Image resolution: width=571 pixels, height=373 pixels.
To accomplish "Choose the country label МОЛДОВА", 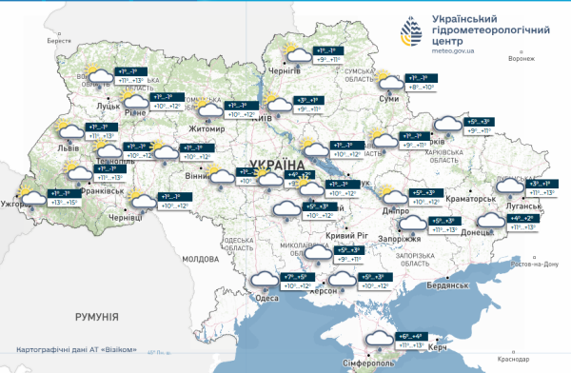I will click(x=201, y=259).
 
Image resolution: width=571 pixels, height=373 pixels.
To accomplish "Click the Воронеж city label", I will click(x=522, y=58).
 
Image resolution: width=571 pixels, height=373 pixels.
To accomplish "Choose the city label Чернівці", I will click(x=126, y=218).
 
